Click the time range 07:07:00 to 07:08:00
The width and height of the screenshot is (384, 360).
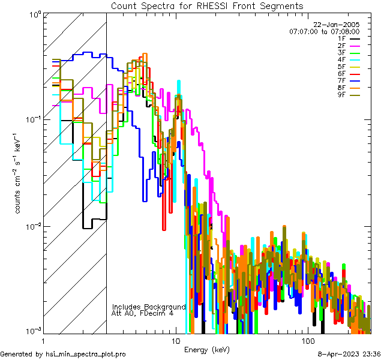tap(324, 31)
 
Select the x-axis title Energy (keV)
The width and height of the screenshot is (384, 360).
tap(207, 349)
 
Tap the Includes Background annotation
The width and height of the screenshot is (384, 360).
tap(149, 307)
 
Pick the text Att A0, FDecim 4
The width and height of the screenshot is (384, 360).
tap(143, 313)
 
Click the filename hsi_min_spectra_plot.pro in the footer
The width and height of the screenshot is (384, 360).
tap(86, 354)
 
